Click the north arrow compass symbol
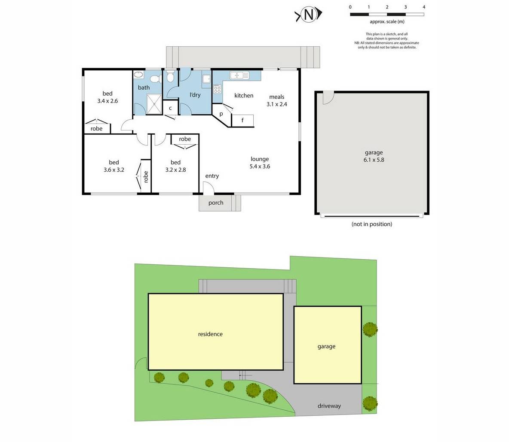click(308, 15)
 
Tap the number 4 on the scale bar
click(424, 7)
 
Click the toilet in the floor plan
click(170, 78)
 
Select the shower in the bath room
click(151, 103)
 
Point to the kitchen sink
click(239, 76)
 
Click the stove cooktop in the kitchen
click(217, 89)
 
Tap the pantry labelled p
click(221, 114)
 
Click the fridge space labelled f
click(242, 121)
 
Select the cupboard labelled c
click(170, 108)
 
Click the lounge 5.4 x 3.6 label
click(260, 163)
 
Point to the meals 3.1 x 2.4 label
click(277, 100)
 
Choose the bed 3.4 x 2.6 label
click(107, 97)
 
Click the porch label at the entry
click(216, 203)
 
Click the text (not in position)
click(372, 224)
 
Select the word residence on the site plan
click(210, 334)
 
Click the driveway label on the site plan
click(329, 406)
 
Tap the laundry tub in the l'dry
click(206, 79)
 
